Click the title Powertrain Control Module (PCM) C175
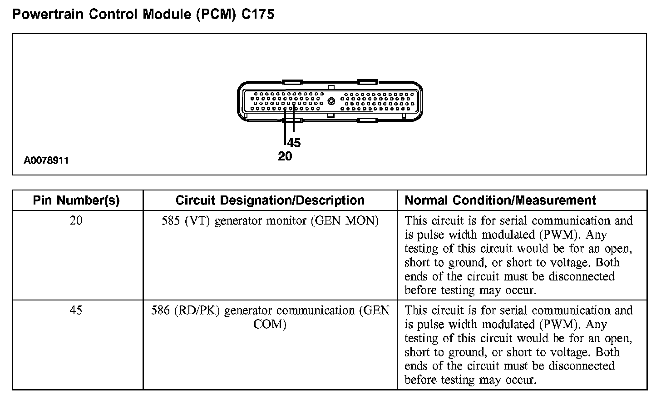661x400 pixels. tap(143, 14)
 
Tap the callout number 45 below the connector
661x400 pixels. tap(294, 143)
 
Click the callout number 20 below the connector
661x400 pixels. tap(285, 156)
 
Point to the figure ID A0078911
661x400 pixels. tap(47, 160)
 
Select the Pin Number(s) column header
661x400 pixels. tap(76, 200)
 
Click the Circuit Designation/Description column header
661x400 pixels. tap(270, 200)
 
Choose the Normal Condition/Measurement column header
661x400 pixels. tap(500, 200)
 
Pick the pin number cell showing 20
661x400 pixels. tap(76, 221)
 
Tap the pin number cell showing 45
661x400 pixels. tap(76, 310)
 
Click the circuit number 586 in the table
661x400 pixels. tap(160, 310)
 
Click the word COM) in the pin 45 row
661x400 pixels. tap(270, 325)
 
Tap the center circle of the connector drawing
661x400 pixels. tap(331, 101)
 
